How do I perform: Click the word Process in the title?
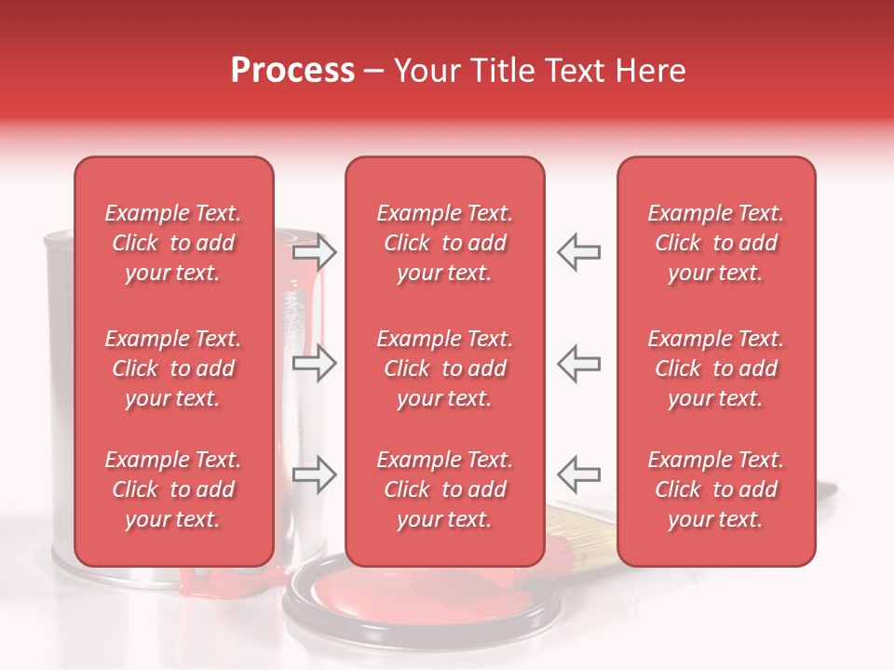click(292, 71)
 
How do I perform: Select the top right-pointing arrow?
click(315, 251)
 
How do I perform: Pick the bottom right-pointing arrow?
click(315, 475)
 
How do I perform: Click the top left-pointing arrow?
click(578, 251)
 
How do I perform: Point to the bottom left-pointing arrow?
click(578, 475)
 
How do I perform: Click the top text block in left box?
click(173, 243)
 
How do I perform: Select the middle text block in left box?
click(173, 368)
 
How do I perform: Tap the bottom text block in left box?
click(173, 489)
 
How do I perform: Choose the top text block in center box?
click(444, 243)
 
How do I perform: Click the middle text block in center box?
click(444, 368)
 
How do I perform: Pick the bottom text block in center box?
click(444, 489)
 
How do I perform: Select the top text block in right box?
click(716, 243)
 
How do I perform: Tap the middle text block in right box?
click(716, 368)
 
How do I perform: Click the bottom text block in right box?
click(716, 489)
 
